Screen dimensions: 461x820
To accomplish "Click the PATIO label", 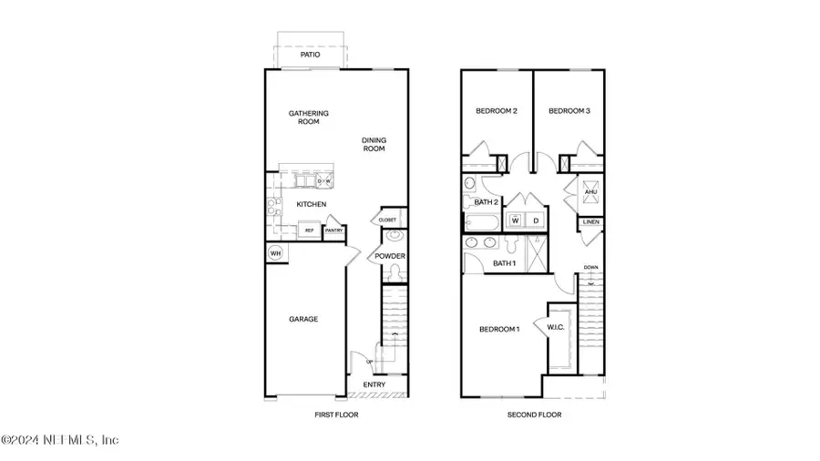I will [x=311, y=55].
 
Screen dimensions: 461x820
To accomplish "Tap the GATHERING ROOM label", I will [x=309, y=118].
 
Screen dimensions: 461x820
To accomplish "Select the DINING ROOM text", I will [x=374, y=144].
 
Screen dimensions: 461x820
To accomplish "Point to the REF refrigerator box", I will [x=309, y=231].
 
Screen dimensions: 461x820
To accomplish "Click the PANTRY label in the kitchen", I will [x=333, y=231].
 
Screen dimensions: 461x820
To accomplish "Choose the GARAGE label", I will [x=303, y=319].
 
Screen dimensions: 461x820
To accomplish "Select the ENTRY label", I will [x=374, y=384].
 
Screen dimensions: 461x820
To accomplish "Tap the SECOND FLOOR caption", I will [x=534, y=415].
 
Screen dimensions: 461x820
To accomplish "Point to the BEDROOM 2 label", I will [x=497, y=111].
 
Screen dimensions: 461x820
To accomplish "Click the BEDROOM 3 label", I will [x=569, y=111].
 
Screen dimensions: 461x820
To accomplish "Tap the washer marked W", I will [x=515, y=220].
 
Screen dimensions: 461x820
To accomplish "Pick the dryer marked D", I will [x=537, y=220].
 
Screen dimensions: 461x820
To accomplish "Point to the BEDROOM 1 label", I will [x=498, y=329].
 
